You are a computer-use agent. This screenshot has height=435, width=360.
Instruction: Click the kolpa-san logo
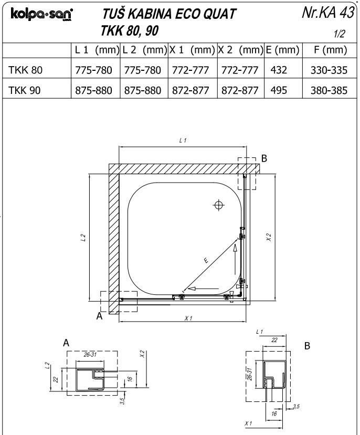point(41,14)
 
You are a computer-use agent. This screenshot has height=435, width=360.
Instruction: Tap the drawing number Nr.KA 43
point(328,13)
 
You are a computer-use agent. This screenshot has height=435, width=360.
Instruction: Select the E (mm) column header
point(282,50)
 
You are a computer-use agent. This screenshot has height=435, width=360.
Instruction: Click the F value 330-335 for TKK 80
point(329,70)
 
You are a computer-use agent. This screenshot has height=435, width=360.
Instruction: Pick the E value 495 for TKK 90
point(279,90)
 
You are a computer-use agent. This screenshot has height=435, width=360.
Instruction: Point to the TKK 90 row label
point(25,90)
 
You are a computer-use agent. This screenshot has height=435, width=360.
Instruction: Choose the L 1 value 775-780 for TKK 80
point(93,70)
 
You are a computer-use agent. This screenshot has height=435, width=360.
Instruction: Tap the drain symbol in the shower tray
point(219,205)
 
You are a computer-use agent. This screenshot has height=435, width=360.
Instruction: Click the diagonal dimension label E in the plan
point(206,260)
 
